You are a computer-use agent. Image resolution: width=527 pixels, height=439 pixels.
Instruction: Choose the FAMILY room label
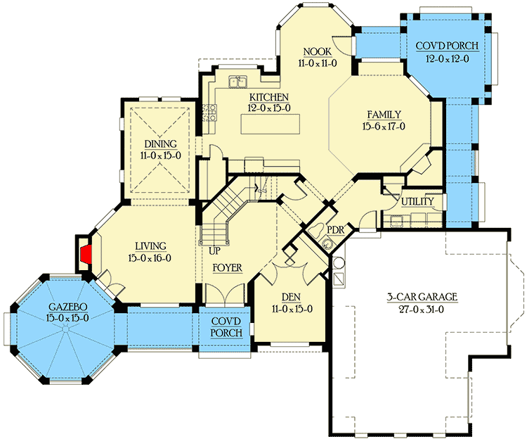coord(384,115)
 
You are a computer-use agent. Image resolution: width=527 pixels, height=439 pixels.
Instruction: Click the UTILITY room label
coord(418,202)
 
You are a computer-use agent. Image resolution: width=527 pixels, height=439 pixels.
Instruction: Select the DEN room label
coord(291,298)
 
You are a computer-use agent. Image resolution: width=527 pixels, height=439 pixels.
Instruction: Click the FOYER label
coord(227,268)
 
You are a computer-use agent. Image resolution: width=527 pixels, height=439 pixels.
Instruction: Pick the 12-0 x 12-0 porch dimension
coord(447,58)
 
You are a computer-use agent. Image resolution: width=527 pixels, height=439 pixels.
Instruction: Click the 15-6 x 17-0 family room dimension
coord(384,127)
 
